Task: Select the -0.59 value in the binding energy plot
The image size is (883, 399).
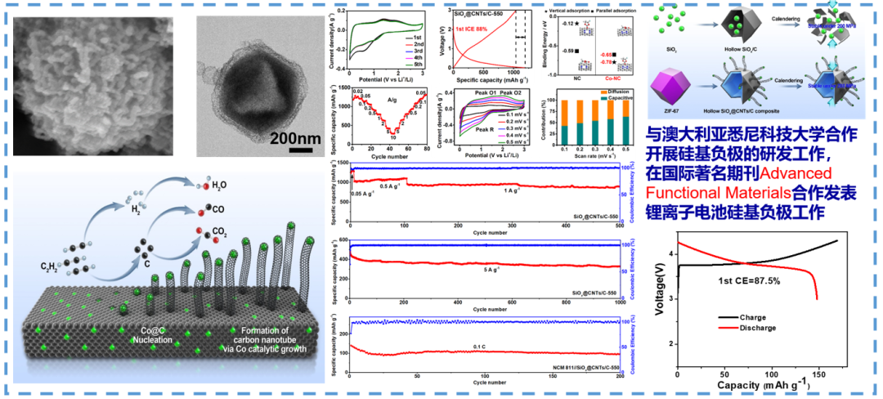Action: (568, 52)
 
